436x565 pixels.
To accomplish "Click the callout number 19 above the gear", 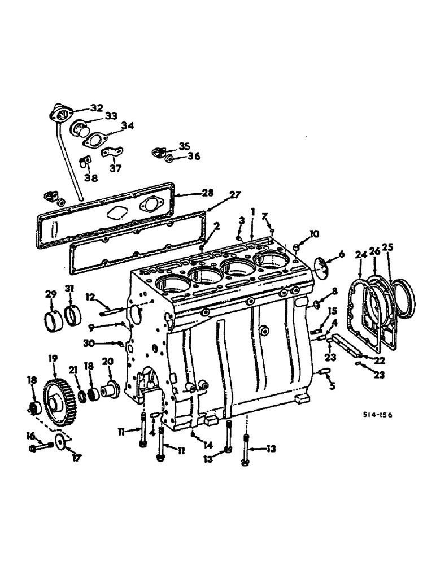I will [54, 358].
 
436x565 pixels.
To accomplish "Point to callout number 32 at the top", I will [97, 107].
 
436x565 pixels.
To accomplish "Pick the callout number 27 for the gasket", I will [234, 195].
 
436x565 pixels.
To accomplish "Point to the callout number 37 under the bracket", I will [115, 168].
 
